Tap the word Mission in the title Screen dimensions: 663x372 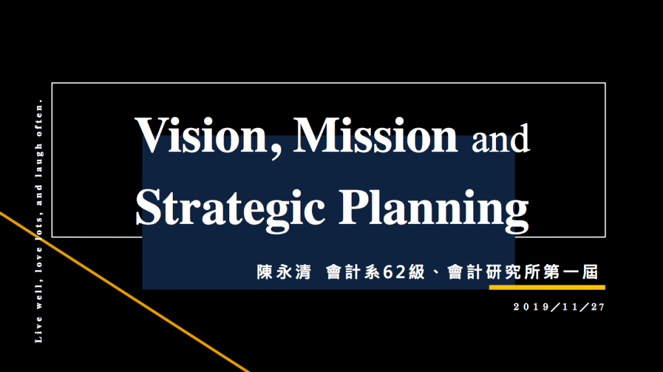[376, 135]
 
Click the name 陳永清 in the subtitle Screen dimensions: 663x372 [284, 272]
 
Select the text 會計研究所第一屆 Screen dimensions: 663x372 [523, 272]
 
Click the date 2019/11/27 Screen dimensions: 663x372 [559, 307]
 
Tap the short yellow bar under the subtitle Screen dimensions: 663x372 [547, 287]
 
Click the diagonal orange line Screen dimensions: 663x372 [125, 292]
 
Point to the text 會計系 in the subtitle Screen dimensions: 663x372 [354, 272]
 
